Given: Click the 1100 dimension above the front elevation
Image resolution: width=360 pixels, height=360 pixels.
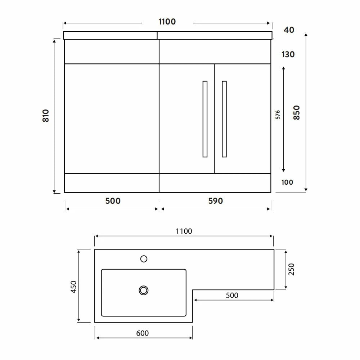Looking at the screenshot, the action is (167, 22).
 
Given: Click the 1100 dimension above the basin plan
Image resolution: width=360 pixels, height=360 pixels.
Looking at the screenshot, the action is (184, 231).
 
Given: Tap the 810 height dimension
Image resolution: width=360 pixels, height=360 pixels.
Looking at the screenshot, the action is (46, 116).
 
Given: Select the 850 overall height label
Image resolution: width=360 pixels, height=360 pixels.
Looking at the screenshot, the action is (296, 112).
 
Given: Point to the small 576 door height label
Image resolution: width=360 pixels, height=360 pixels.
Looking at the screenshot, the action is (278, 115).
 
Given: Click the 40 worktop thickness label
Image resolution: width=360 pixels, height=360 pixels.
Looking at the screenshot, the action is (289, 30).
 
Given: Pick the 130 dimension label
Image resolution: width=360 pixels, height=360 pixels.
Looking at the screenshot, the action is (288, 54).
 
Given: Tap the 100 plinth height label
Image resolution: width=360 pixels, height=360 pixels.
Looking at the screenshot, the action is (287, 182).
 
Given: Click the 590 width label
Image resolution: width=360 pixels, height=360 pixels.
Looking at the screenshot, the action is (216, 201).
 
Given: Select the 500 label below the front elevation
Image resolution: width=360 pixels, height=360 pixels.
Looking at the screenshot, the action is (113, 201).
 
